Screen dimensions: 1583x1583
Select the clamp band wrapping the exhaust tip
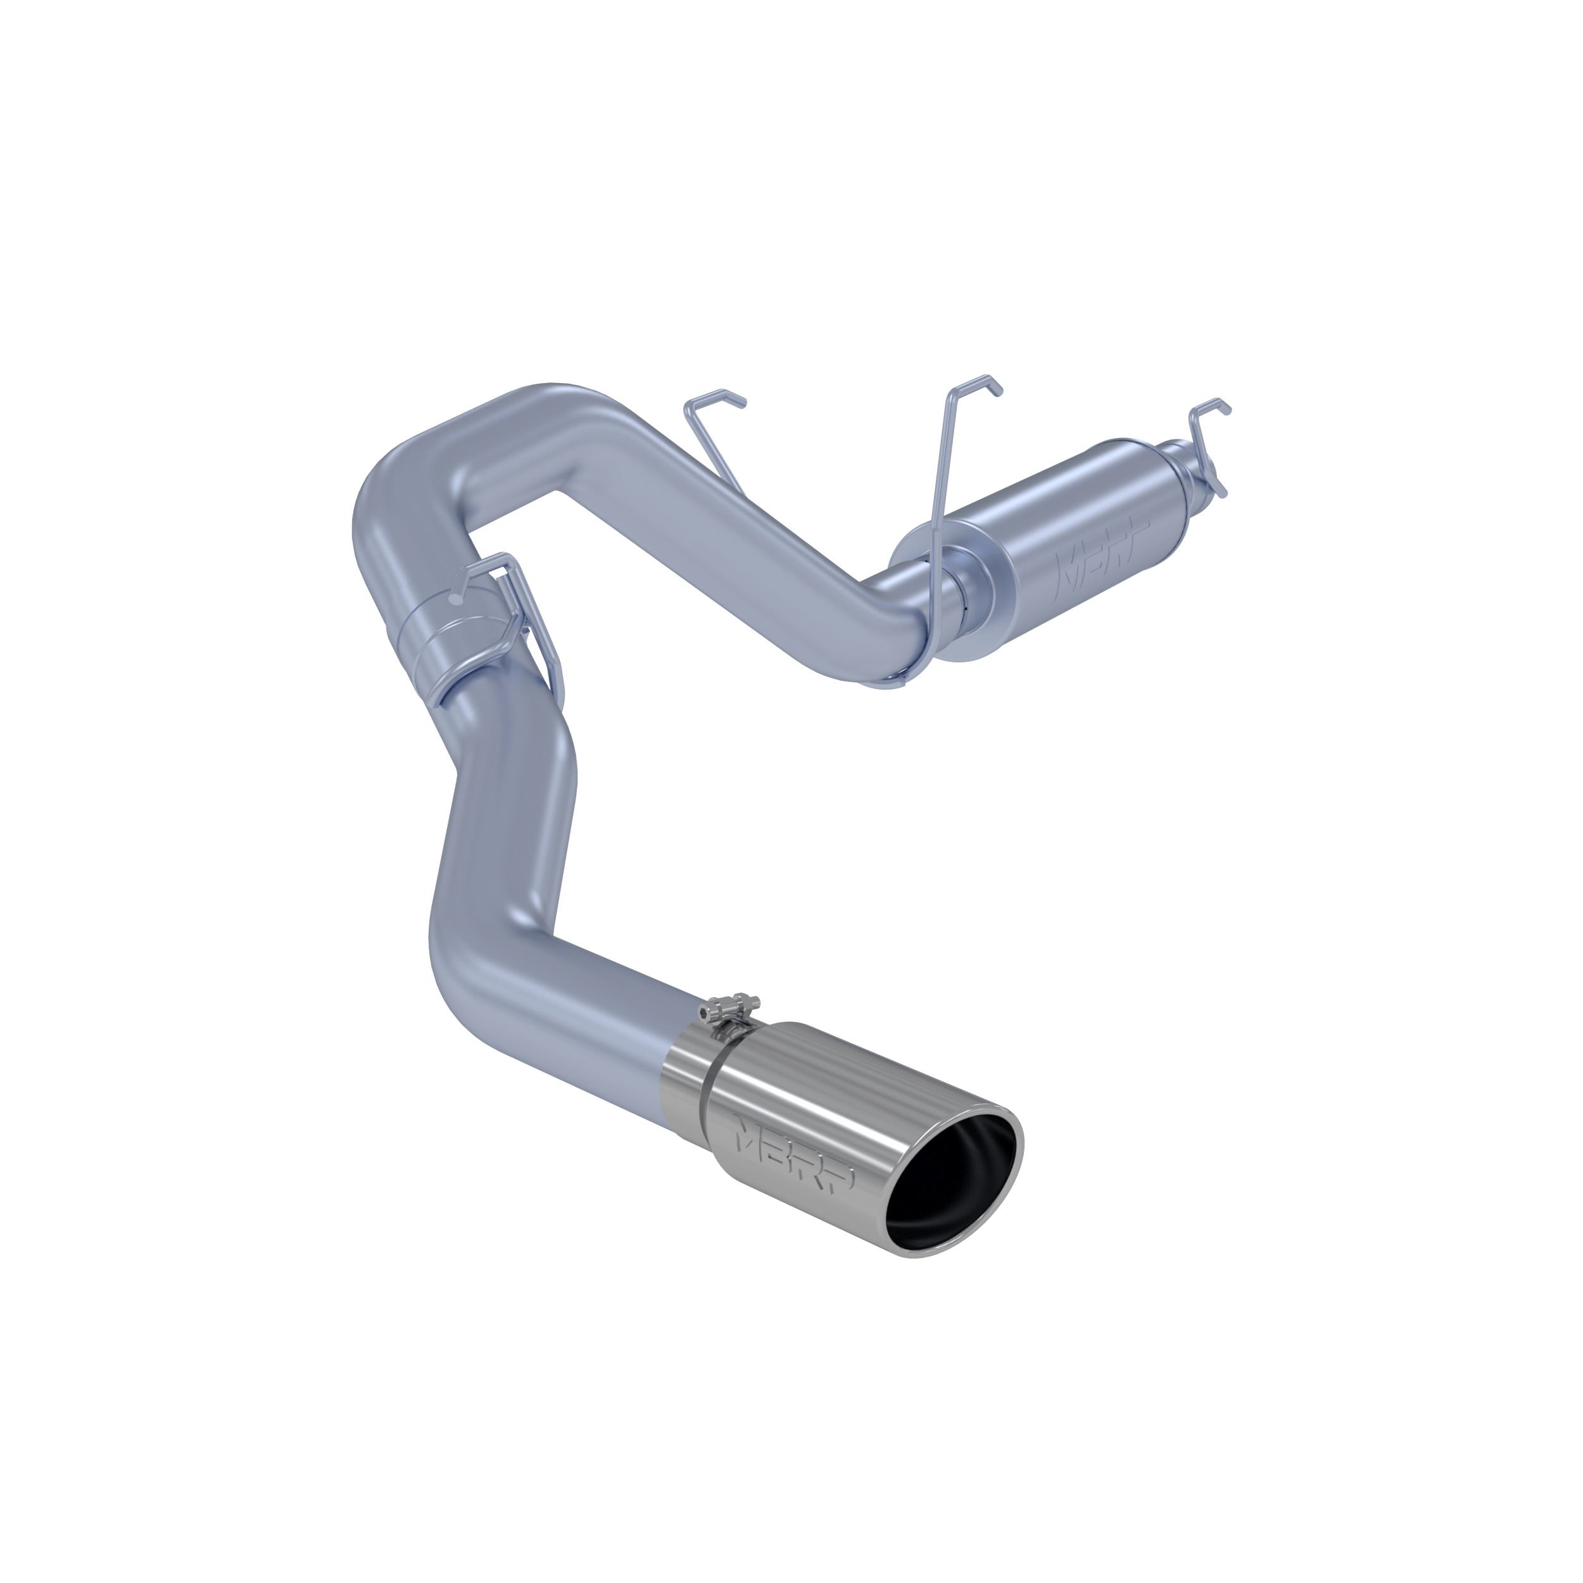tap(706, 1090)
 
